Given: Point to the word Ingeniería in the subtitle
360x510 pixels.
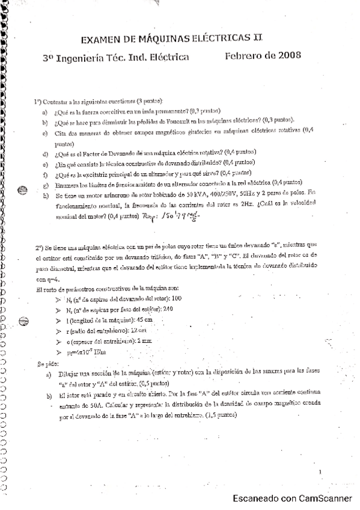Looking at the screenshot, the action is click(84, 58).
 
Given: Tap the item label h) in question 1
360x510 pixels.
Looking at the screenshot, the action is click(46, 196).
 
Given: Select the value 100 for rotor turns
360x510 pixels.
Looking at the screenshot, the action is click(176, 299).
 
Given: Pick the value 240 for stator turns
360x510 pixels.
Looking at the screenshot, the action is click(168, 309).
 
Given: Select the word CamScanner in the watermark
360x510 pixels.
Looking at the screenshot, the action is click(326, 498).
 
